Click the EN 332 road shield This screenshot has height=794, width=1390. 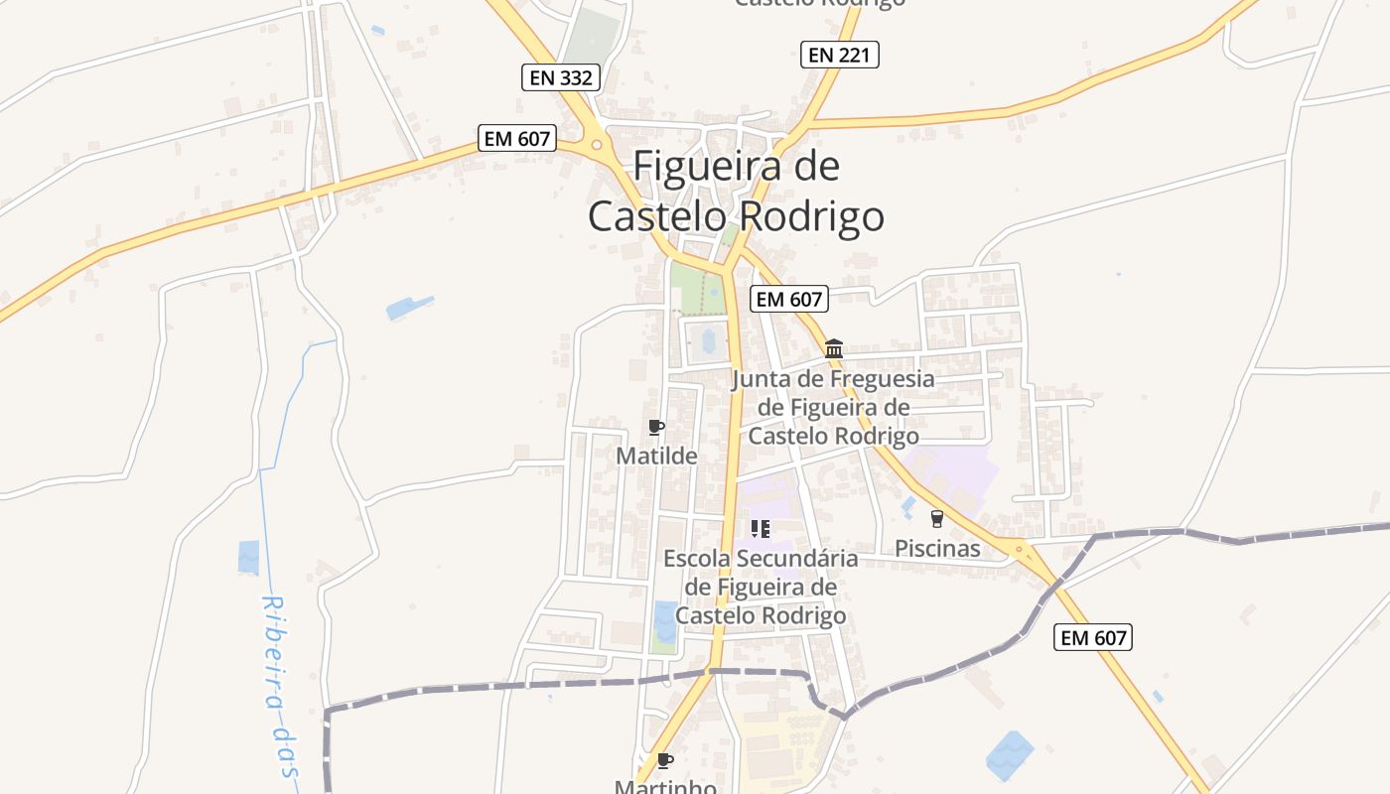[x=561, y=77]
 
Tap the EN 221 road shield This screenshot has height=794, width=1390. [x=840, y=55]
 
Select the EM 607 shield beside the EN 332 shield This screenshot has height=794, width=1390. [x=516, y=138]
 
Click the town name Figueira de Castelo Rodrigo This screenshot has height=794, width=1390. [x=736, y=191]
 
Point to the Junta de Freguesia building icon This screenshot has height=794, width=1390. [x=834, y=348]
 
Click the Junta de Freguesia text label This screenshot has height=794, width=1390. [x=834, y=407]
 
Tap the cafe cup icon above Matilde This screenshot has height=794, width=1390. [x=655, y=428]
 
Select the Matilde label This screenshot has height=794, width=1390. [x=656, y=456]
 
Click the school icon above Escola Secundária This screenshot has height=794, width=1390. [x=761, y=529]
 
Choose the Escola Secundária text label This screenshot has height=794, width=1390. [x=761, y=587]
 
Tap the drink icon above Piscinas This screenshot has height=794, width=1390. [x=936, y=519]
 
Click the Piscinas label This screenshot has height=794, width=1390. [x=936, y=548]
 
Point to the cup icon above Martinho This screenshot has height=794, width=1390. [x=664, y=761]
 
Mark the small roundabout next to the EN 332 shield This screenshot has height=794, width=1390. [x=597, y=145]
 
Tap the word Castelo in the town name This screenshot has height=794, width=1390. [x=656, y=216]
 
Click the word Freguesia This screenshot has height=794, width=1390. [x=882, y=379]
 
